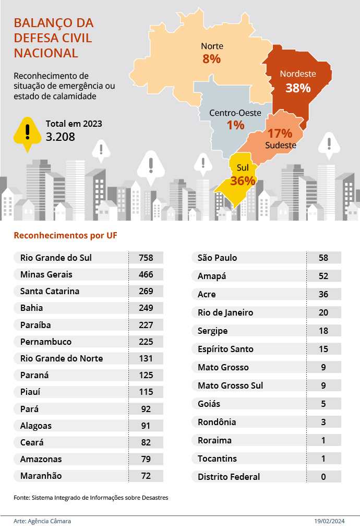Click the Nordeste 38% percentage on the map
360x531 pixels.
pyautogui.click(x=298, y=88)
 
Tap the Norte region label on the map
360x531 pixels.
pyautogui.click(x=212, y=46)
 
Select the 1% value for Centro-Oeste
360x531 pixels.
pyautogui.click(x=236, y=125)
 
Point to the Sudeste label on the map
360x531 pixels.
pyautogui.click(x=281, y=145)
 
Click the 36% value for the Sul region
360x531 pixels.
pyautogui.click(x=243, y=180)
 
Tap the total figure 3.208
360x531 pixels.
pyautogui.click(x=61, y=137)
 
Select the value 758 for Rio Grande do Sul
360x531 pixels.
pyautogui.click(x=146, y=258)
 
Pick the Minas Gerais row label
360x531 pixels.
pyautogui.click(x=46, y=274)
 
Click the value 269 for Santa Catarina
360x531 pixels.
pyautogui.click(x=146, y=291)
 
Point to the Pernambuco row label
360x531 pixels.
pyautogui.click(x=46, y=342)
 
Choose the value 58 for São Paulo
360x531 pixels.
pyautogui.click(x=323, y=258)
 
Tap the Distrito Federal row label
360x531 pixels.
pyautogui.click(x=229, y=476)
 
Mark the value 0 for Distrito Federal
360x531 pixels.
pyautogui.click(x=323, y=476)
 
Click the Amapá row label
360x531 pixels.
pyautogui.click(x=212, y=276)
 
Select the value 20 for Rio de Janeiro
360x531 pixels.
pyautogui.click(x=323, y=312)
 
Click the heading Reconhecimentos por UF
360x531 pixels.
pyautogui.click(x=65, y=235)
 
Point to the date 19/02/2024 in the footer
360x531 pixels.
pyautogui.click(x=330, y=521)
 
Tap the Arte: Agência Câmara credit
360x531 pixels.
pyautogui.click(x=42, y=521)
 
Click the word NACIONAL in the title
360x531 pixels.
pyautogui.click(x=46, y=53)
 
